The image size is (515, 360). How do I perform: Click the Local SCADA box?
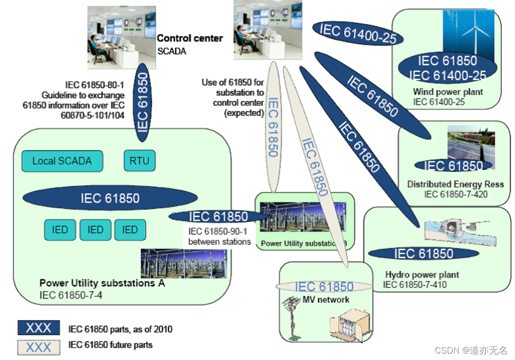point(62,161)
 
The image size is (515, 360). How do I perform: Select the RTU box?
point(139,161)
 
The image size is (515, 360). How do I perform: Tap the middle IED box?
point(96,230)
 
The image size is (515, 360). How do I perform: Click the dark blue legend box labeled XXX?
point(38,328)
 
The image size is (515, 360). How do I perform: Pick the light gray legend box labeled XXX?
point(38,347)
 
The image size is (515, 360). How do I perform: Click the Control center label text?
point(189,38)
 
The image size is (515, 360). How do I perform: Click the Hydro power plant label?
point(422,275)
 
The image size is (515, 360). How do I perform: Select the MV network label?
point(324,300)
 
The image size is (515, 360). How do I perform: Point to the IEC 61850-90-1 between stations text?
point(219,237)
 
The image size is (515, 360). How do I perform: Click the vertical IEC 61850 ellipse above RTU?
point(143,102)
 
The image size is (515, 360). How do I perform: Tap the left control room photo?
point(122,37)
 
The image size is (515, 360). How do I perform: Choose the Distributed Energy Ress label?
point(455,184)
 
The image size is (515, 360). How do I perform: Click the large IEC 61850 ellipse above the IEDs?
point(110,198)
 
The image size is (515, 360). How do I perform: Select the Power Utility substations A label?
point(102,283)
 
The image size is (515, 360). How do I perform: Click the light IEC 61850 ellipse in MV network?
point(323,287)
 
